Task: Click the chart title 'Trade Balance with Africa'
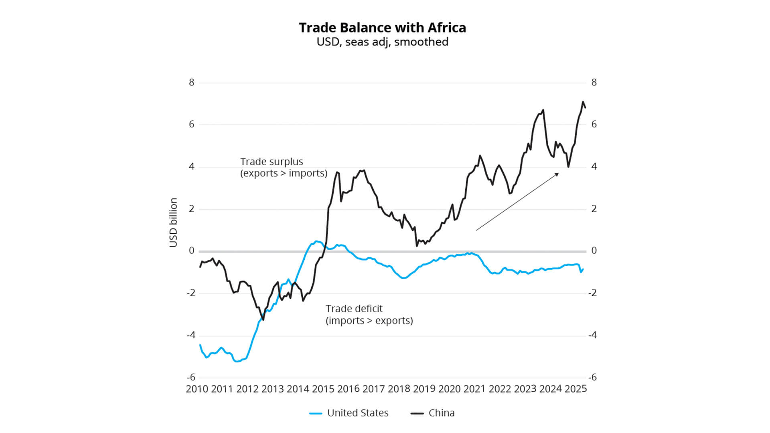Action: pyautogui.click(x=382, y=28)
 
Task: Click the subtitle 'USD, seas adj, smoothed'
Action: pyautogui.click(x=382, y=42)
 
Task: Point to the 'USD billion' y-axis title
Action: pyautogui.click(x=173, y=223)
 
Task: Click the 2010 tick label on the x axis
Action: pyautogui.click(x=197, y=389)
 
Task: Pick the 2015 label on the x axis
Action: pyautogui.click(x=323, y=389)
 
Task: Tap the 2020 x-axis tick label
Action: pyautogui.click(x=449, y=389)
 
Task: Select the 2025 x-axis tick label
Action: pyautogui.click(x=575, y=389)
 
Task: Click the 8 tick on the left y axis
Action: pyautogui.click(x=192, y=83)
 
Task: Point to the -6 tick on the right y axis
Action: pyautogui.click(x=592, y=377)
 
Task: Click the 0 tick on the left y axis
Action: pyautogui.click(x=192, y=251)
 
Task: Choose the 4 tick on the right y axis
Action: pyautogui.click(x=594, y=166)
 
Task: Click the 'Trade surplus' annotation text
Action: pyautogui.click(x=272, y=162)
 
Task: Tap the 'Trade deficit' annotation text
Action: pyautogui.click(x=354, y=309)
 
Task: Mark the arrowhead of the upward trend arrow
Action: pyautogui.click(x=557, y=174)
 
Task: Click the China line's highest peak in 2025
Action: pyautogui.click(x=583, y=102)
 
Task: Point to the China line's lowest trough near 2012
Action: pyautogui.click(x=263, y=320)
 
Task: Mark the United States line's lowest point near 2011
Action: pyautogui.click(x=237, y=361)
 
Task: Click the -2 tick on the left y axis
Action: pyautogui.click(x=191, y=293)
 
